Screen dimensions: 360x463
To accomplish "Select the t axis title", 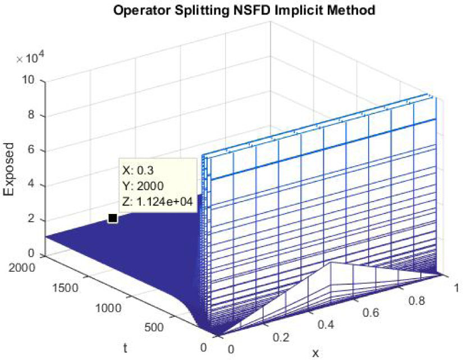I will (x=127, y=348).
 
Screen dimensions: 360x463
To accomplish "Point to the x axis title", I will (x=315, y=353).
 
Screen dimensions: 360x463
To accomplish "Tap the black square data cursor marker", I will (x=112, y=218).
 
